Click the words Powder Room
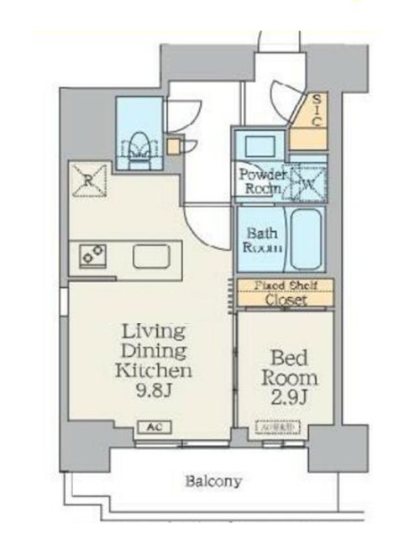pos(262,181)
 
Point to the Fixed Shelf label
pos(286,285)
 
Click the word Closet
pos(286,300)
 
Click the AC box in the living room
pos(154,427)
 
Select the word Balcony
pos(213,482)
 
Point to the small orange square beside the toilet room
pos(172,147)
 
